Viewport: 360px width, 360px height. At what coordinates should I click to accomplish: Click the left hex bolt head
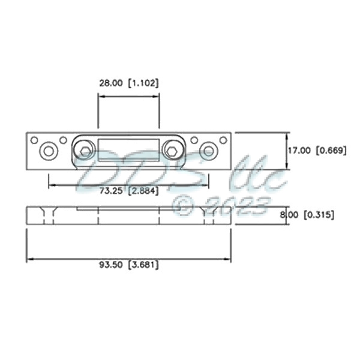click(x=86, y=151)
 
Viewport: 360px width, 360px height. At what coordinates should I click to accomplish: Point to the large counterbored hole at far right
click(x=209, y=151)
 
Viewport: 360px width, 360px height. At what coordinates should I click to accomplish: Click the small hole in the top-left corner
click(x=34, y=140)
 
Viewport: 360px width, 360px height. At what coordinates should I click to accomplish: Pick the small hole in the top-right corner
click(x=223, y=140)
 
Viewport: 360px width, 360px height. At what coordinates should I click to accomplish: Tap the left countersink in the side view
click(x=48, y=214)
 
